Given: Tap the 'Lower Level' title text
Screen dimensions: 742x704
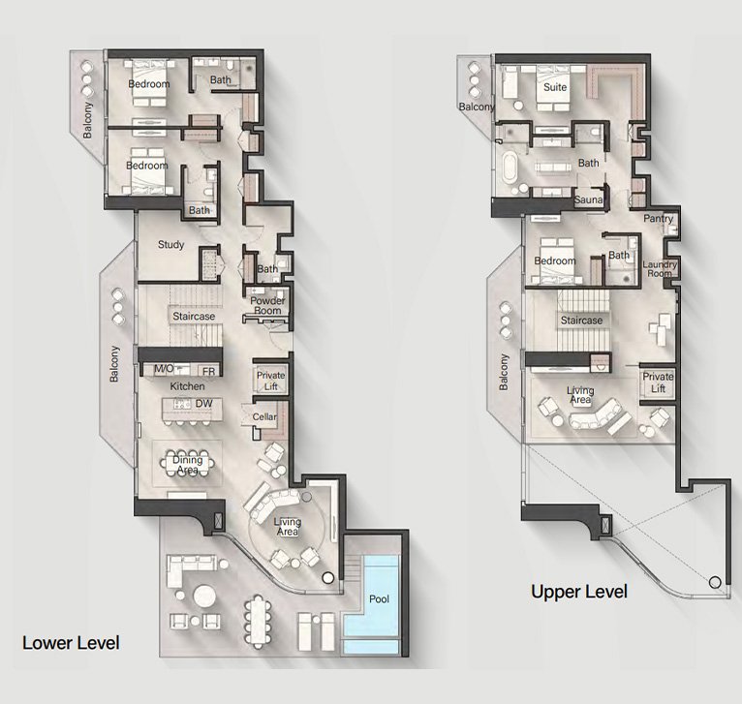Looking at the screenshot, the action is (x=71, y=643).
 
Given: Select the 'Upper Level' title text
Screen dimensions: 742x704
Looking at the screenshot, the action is (x=579, y=592).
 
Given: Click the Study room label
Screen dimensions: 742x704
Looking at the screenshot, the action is (x=170, y=245).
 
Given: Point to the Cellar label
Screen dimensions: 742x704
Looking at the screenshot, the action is (x=264, y=416).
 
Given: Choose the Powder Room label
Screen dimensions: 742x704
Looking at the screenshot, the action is (x=267, y=306).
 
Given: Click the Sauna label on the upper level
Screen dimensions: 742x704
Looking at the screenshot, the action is (x=588, y=199).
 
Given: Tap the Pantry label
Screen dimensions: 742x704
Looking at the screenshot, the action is (x=659, y=219).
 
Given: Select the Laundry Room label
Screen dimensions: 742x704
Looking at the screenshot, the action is (x=660, y=269).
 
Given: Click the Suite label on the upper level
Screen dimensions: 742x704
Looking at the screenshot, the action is (x=555, y=87).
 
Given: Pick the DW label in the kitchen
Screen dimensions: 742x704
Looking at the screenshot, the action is (x=203, y=404).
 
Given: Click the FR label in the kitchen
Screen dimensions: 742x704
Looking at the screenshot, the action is (x=208, y=372).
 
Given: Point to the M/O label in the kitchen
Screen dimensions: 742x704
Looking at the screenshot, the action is (x=164, y=369).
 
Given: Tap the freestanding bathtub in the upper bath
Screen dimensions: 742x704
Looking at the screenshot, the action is (x=510, y=167).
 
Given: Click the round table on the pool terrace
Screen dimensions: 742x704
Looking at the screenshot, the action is (x=204, y=597).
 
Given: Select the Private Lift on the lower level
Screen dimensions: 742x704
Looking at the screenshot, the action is (x=270, y=381).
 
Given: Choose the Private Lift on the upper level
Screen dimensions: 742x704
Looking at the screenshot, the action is (x=658, y=383).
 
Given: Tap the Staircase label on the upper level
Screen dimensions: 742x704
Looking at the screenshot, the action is (x=581, y=321).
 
